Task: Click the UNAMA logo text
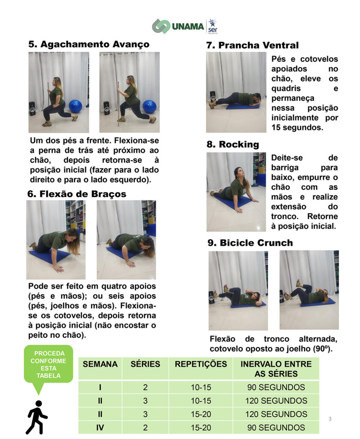click(188, 27)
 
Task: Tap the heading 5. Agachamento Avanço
click(89, 44)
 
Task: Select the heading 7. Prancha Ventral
click(252, 45)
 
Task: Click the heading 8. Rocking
click(233, 144)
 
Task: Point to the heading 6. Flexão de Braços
click(77, 194)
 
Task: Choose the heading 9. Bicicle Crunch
click(250, 243)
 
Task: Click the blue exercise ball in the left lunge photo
click(75, 106)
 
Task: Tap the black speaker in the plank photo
click(213, 97)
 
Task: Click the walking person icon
click(37, 417)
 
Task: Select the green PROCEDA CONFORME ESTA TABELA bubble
click(48, 364)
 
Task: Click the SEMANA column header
click(100, 364)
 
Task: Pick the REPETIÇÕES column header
click(201, 364)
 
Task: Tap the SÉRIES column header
click(145, 364)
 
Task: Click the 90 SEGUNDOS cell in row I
click(276, 387)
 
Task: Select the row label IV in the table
click(100, 427)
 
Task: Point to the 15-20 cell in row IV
click(201, 427)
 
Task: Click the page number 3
click(330, 419)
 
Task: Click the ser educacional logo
click(213, 27)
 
